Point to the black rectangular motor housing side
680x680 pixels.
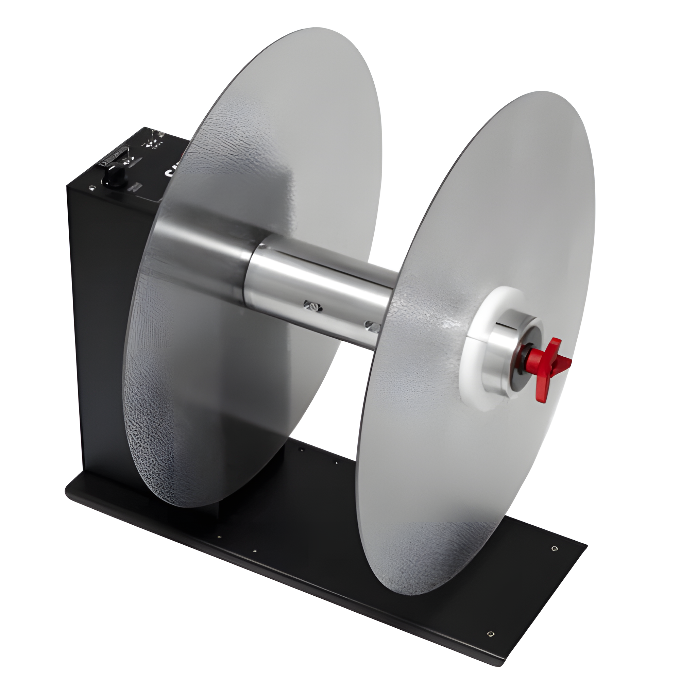[102, 317]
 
